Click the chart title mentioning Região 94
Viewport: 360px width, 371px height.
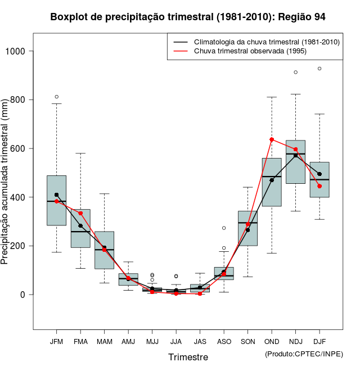coord(188,17)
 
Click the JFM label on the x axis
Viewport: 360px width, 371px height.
coord(56,342)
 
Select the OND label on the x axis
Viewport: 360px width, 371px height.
coord(272,342)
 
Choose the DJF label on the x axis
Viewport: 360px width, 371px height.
coord(319,342)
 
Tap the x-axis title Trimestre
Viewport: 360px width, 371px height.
coord(188,357)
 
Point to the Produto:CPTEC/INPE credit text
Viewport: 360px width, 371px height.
coord(304,354)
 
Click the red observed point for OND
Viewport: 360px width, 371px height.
coord(272,139)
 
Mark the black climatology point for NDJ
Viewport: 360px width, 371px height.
coord(296,155)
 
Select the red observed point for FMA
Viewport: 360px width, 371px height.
coord(80,213)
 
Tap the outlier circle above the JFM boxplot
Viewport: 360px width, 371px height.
coord(56,97)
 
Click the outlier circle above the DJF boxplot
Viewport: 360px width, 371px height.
coord(319,69)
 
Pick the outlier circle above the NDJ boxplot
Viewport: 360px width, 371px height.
coord(296,72)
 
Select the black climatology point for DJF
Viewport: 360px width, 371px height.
coord(319,174)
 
